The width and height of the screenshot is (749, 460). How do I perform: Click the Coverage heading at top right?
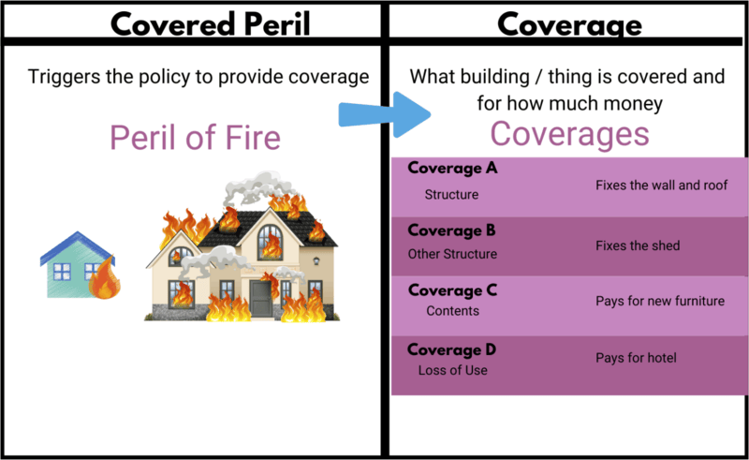tap(568, 22)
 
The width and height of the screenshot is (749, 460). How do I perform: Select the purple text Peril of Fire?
tap(195, 139)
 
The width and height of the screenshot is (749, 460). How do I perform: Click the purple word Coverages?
tap(569, 134)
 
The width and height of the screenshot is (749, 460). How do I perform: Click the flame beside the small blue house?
tap(105, 280)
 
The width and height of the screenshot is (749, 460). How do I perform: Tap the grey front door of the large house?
tap(259, 298)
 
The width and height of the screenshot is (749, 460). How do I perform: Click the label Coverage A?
tap(452, 170)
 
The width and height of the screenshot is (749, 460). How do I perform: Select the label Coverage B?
tap(452, 230)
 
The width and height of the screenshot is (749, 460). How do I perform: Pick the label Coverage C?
tap(452, 289)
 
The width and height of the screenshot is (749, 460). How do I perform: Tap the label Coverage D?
tap(452, 349)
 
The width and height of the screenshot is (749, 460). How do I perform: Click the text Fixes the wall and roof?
tap(661, 185)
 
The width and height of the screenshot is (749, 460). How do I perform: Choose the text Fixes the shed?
tap(638, 245)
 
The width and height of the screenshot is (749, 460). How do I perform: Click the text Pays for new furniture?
tap(660, 302)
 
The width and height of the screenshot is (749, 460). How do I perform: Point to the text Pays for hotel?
tap(636, 358)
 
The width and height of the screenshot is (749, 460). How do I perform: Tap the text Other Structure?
tap(452, 254)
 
